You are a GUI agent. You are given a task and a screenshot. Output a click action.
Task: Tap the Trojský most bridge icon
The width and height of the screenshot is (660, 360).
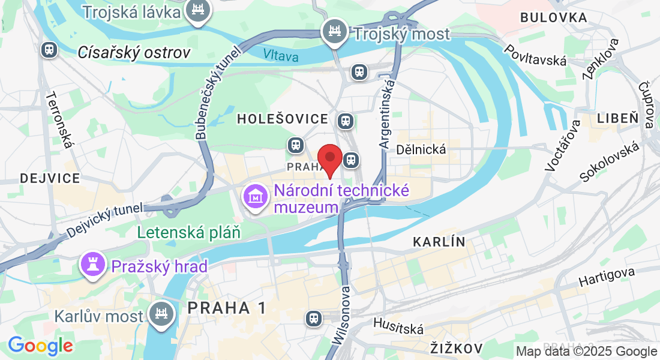[334, 31]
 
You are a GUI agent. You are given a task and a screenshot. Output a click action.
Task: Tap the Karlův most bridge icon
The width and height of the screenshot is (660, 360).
[161, 313]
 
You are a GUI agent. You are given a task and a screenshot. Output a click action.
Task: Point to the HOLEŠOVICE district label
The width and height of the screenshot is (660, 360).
[282, 119]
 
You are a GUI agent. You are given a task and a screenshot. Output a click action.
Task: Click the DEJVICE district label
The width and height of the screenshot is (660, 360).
[50, 178]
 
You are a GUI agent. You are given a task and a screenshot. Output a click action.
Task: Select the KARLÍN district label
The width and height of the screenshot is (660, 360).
[439, 242]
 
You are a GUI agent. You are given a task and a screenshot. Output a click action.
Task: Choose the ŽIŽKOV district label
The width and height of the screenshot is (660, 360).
[457, 348]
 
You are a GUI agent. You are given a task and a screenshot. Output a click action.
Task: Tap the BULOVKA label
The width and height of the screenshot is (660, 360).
[553, 18]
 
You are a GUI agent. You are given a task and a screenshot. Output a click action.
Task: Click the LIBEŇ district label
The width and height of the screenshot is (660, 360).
[617, 118]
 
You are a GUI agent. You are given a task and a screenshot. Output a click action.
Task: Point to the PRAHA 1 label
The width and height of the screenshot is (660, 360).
[227, 308]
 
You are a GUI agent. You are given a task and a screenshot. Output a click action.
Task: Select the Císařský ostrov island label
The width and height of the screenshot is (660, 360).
[134, 52]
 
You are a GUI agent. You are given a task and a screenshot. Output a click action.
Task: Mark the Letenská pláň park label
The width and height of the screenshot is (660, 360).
[188, 232]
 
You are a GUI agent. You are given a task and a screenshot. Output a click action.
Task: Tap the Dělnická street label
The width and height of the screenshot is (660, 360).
[421, 149]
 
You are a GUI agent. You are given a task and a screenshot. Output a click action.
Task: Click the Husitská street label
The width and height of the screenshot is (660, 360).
[398, 326]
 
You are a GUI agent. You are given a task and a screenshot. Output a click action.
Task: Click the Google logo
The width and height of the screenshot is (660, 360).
[40, 346]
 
